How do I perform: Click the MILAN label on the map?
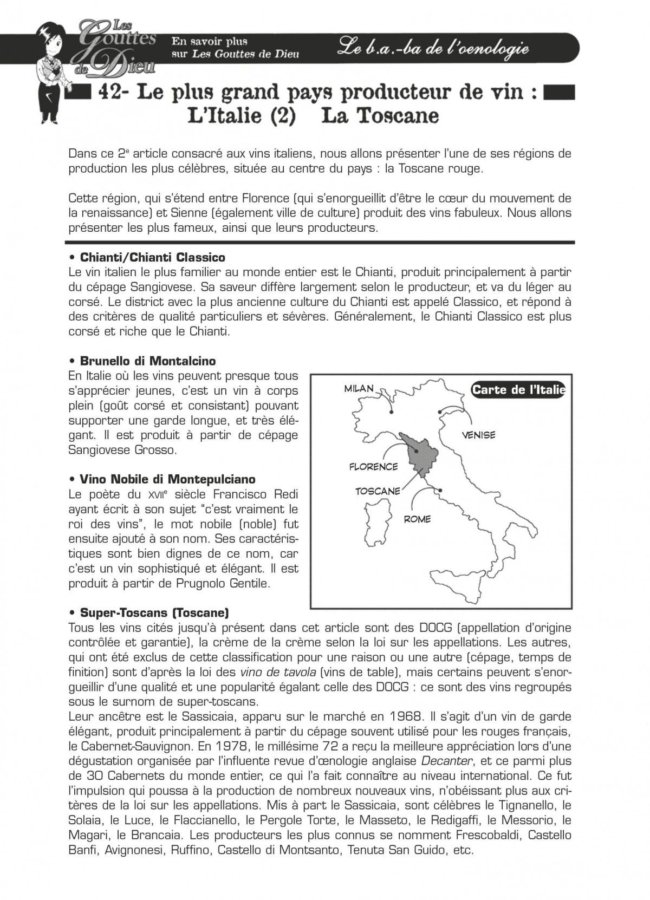[x=359, y=388]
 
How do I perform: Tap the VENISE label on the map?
[x=478, y=434]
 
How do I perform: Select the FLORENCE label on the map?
[x=373, y=466]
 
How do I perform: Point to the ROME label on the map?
[x=417, y=519]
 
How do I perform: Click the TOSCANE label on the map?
[x=378, y=491]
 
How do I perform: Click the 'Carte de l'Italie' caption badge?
[x=518, y=389]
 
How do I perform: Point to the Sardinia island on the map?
[x=375, y=520]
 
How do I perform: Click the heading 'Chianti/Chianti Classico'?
[x=152, y=257]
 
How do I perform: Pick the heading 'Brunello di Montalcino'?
[x=147, y=361]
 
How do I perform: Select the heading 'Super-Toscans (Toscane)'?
[x=154, y=613]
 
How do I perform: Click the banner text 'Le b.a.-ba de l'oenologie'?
[x=432, y=48]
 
